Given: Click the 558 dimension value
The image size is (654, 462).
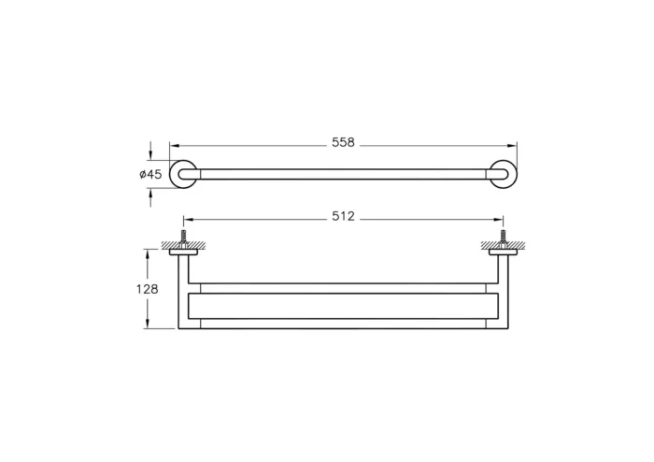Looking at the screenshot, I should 343,144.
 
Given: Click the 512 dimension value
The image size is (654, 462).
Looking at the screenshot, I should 343,217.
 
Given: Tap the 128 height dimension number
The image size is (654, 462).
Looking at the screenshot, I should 148,289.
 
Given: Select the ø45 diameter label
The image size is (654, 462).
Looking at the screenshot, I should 150,174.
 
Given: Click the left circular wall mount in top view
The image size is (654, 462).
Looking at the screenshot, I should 184,174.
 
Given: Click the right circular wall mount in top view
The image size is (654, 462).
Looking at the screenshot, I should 502,174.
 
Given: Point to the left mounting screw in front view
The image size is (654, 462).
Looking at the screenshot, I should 184,236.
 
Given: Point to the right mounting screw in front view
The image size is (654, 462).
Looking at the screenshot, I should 503,236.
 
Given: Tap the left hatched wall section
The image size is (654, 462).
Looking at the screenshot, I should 174,246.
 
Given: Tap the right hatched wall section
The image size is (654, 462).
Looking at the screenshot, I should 513,246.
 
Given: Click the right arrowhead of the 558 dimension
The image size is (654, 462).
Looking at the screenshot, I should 512,145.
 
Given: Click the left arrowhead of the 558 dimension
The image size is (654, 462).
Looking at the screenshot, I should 174,145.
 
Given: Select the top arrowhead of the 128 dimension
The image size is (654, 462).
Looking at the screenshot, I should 147,253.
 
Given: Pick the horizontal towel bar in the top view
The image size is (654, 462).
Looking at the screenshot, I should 343,174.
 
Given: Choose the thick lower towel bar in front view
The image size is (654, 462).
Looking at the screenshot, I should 343,306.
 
